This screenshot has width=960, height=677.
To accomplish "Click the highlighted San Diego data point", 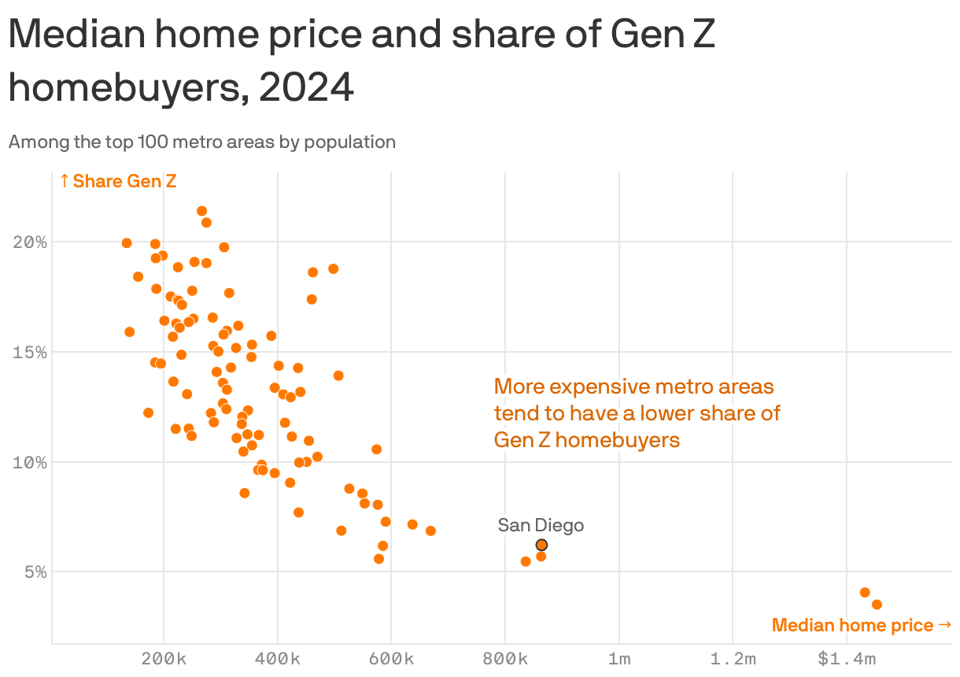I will pos(541,545).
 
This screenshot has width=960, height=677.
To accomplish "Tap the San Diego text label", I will pos(541,525).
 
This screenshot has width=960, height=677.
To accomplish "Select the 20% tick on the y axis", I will pos(30,242).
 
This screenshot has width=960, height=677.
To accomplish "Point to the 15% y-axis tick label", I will pos(30,352).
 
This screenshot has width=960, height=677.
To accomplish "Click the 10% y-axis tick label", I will pos(30,462).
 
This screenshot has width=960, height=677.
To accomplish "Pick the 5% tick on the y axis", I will pos(34,572).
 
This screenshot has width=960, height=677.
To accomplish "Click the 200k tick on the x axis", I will pos(164,659).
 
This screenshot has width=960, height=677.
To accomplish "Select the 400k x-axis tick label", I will pos(278,659).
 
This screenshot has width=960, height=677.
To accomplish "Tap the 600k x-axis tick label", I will pos(391,659).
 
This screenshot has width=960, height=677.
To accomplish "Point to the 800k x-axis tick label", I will pos(505,659).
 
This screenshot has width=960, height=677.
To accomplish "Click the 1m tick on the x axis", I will pos(619,659).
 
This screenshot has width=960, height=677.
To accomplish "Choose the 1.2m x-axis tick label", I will pos(733,659).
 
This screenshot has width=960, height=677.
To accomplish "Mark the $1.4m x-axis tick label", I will pos(846,659).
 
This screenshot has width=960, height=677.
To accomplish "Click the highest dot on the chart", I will pos(201,211).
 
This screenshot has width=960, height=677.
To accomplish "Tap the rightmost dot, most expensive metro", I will pos(877,605).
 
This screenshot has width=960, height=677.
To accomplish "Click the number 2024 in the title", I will pos(306,88).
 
